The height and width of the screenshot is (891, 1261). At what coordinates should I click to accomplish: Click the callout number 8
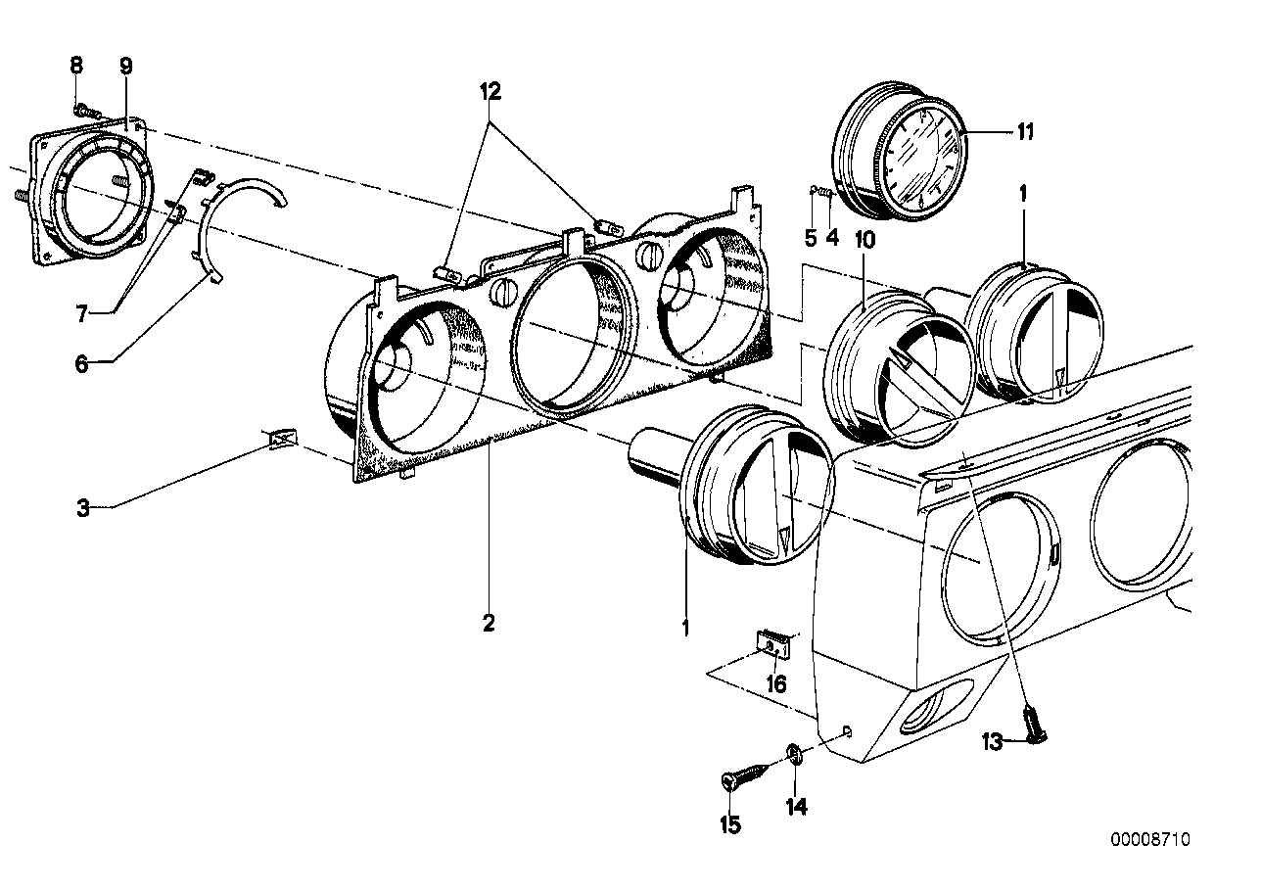pos(76,67)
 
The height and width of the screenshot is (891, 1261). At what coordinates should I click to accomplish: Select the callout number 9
pos(125,67)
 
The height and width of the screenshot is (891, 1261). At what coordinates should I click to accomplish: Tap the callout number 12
pos(490,92)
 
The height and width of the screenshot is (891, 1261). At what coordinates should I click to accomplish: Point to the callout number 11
pos(1024,132)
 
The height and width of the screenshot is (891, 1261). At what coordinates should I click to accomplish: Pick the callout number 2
pos(489,622)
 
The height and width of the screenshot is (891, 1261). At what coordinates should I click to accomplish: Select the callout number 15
pos(730,824)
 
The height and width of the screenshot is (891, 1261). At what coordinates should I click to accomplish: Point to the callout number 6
pos(81,363)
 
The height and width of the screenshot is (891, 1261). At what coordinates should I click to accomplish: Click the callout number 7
pos(81,313)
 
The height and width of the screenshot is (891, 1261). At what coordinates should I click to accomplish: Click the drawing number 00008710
pos(1150,839)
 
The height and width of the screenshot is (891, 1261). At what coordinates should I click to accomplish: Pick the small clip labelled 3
pos(281,442)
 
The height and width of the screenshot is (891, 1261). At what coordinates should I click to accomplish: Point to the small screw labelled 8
pos(85,110)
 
